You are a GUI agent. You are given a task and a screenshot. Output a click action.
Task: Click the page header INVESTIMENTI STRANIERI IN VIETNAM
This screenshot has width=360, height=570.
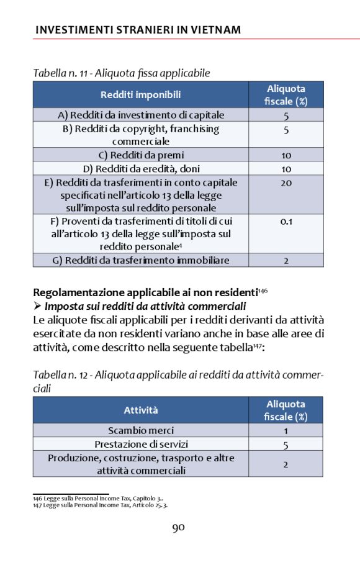pos(138,30)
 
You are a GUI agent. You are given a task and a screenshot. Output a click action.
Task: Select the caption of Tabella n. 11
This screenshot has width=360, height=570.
pos(121,73)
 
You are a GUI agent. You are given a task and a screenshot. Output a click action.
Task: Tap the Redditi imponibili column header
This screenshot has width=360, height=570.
pos(141,94)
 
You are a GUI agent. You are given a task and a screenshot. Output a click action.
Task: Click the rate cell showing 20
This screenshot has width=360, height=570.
pos(286,183)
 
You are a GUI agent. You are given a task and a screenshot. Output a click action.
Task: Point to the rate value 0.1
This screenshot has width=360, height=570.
pos(286,221)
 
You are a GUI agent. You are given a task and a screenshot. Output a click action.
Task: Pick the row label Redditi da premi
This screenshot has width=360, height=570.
pos(141,155)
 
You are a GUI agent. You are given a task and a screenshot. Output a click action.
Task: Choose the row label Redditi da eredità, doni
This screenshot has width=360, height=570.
pos(141,169)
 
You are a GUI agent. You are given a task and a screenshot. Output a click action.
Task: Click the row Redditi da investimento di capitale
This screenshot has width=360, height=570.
pos(141,115)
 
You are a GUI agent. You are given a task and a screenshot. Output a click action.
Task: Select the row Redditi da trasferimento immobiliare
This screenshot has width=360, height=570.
pos(141,260)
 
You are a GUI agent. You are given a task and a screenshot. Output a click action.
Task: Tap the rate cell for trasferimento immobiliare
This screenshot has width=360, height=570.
pos(286,260)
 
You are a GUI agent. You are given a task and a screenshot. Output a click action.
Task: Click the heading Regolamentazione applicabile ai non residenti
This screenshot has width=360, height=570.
pos(145,292)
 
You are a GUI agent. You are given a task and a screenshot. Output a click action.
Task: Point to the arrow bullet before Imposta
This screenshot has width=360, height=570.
pos(37,306)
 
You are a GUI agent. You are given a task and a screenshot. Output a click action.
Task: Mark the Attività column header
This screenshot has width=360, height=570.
pos(141,410)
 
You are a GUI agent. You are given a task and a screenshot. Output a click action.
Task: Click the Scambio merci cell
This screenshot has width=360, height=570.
pos(141,430)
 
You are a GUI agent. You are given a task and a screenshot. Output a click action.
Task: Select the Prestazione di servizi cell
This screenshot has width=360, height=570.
pos(141,445)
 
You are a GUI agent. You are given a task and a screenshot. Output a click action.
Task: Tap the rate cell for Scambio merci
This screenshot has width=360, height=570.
pos(286,430)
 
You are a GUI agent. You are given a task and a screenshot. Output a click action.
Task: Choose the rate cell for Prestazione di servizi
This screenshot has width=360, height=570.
pos(286,445)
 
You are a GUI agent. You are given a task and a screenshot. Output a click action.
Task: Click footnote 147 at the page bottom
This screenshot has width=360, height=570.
pos(100,505)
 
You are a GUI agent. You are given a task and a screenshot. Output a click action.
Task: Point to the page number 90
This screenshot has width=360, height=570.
pos(179,528)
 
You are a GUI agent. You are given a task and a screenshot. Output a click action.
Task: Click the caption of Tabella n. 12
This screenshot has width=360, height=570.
pos(178,381)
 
